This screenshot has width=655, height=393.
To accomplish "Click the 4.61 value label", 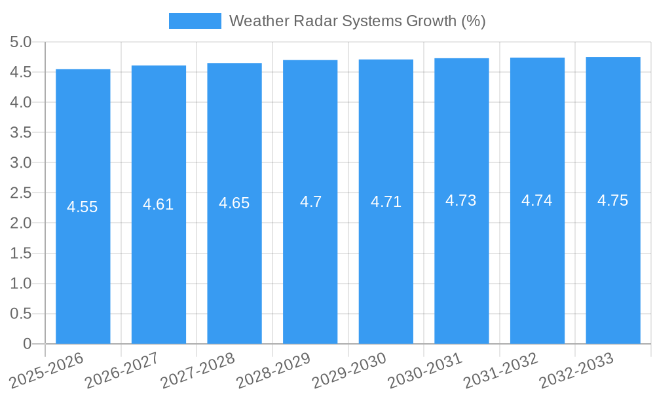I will pyautogui.click(x=159, y=204).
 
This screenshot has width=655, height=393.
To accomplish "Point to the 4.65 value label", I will pyautogui.click(x=234, y=203).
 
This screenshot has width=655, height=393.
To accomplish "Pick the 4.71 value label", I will pyautogui.click(x=386, y=202).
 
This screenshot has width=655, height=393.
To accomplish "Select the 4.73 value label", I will pyautogui.click(x=461, y=200).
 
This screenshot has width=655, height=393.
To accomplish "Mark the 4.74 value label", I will pyautogui.click(x=537, y=200).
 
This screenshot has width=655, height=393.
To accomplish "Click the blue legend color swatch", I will pyautogui.click(x=195, y=21).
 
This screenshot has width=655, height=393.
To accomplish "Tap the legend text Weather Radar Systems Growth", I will pyautogui.click(x=357, y=21).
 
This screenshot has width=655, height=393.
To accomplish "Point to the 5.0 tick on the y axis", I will pyautogui.click(x=21, y=42).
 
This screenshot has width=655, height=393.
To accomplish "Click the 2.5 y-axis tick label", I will pyautogui.click(x=21, y=193).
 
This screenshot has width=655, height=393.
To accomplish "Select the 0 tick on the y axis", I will pyautogui.click(x=27, y=344).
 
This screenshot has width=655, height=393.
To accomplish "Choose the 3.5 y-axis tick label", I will pyautogui.click(x=21, y=132).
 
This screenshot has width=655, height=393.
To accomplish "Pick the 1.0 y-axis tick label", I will pyautogui.click(x=21, y=284).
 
